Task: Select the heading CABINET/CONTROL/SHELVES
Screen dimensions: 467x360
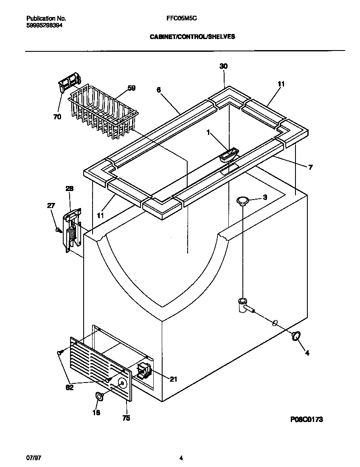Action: tap(192, 37)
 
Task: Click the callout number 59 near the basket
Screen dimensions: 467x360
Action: tap(132, 88)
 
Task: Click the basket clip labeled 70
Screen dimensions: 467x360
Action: tap(69, 82)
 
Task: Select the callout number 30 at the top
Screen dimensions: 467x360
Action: tap(223, 66)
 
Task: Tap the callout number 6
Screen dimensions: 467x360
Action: tap(158, 90)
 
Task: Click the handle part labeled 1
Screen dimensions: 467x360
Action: tap(228, 155)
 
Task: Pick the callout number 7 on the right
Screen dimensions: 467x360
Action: tap(310, 168)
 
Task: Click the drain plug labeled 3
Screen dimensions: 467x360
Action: tap(242, 200)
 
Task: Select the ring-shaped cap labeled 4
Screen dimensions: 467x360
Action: tap(295, 336)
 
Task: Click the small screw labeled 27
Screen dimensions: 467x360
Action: tap(59, 230)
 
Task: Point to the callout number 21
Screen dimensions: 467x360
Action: tap(173, 379)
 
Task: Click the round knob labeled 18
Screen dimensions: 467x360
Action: tap(98, 397)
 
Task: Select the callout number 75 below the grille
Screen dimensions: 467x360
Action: tap(126, 418)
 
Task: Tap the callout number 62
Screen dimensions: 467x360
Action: tap(70, 387)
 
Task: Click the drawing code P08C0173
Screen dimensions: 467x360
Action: tap(307, 419)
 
